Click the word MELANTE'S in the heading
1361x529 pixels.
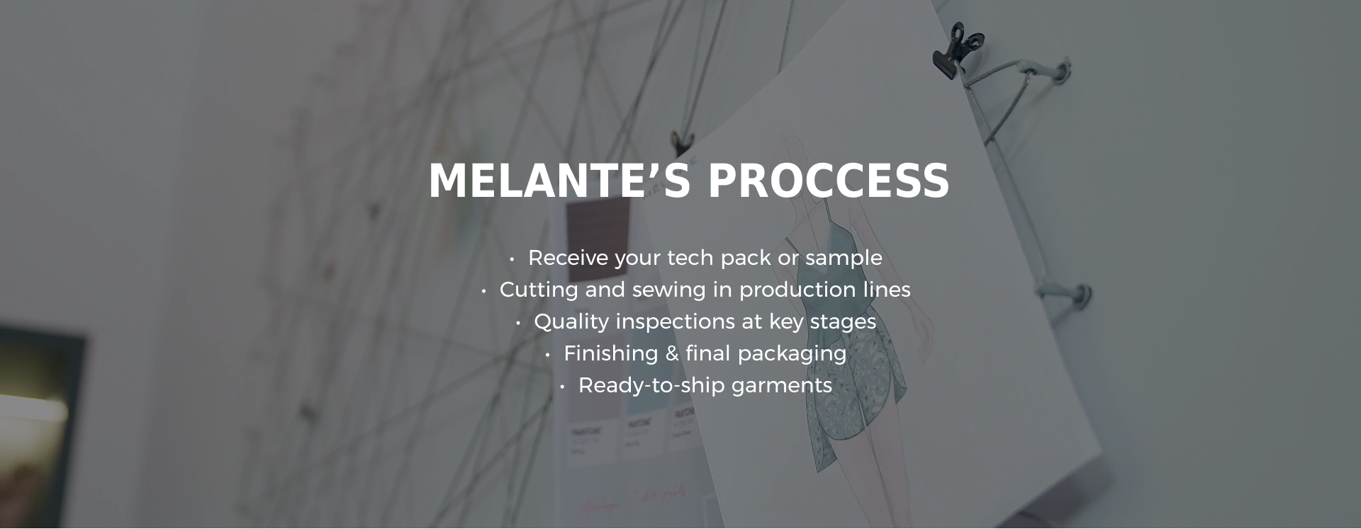559,181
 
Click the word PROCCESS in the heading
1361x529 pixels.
828,181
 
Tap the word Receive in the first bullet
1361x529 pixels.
568,258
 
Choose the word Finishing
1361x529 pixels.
610,354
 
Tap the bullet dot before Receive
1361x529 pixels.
512,259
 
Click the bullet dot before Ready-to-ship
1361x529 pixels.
562,387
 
